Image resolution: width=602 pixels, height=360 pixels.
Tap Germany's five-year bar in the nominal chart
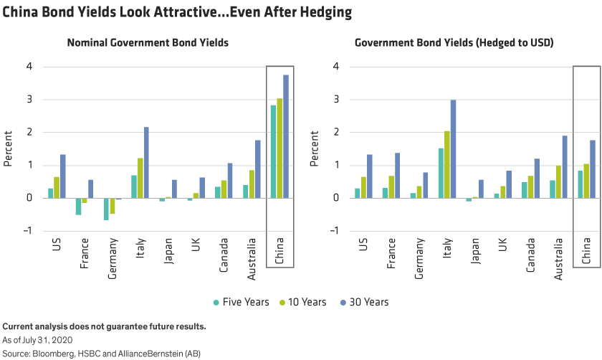106,209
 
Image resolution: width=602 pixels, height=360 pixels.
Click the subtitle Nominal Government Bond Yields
148,43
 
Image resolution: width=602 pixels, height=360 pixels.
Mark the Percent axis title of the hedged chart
315,148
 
